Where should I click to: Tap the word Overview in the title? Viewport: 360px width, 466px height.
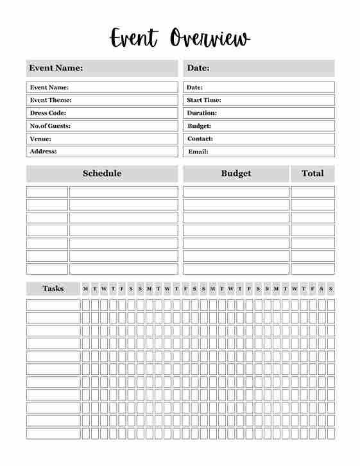(210, 38)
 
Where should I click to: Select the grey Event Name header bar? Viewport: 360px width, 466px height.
(102, 68)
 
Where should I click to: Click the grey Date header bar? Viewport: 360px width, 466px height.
(259, 68)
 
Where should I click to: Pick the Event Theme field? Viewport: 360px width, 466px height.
(102, 100)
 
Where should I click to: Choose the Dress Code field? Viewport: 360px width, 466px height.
(102, 113)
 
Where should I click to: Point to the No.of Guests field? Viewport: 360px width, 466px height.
(102, 126)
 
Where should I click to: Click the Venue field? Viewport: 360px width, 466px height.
(102, 139)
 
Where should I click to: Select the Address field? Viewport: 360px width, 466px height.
(102, 151)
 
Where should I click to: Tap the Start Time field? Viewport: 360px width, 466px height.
(259, 100)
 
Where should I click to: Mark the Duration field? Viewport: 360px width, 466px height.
(259, 113)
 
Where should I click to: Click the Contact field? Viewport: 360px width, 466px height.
(259, 139)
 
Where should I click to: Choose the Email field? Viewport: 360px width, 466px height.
(259, 151)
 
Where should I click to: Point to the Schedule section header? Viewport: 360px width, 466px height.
(102, 173)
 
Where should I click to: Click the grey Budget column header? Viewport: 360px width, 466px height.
(236, 173)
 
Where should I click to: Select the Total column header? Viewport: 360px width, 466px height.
(313, 173)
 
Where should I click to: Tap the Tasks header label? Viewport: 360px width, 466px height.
(53, 288)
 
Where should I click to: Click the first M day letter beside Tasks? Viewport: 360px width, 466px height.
(85, 289)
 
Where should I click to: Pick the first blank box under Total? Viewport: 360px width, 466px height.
(313, 192)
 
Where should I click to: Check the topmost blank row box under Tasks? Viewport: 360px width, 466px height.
(53, 305)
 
